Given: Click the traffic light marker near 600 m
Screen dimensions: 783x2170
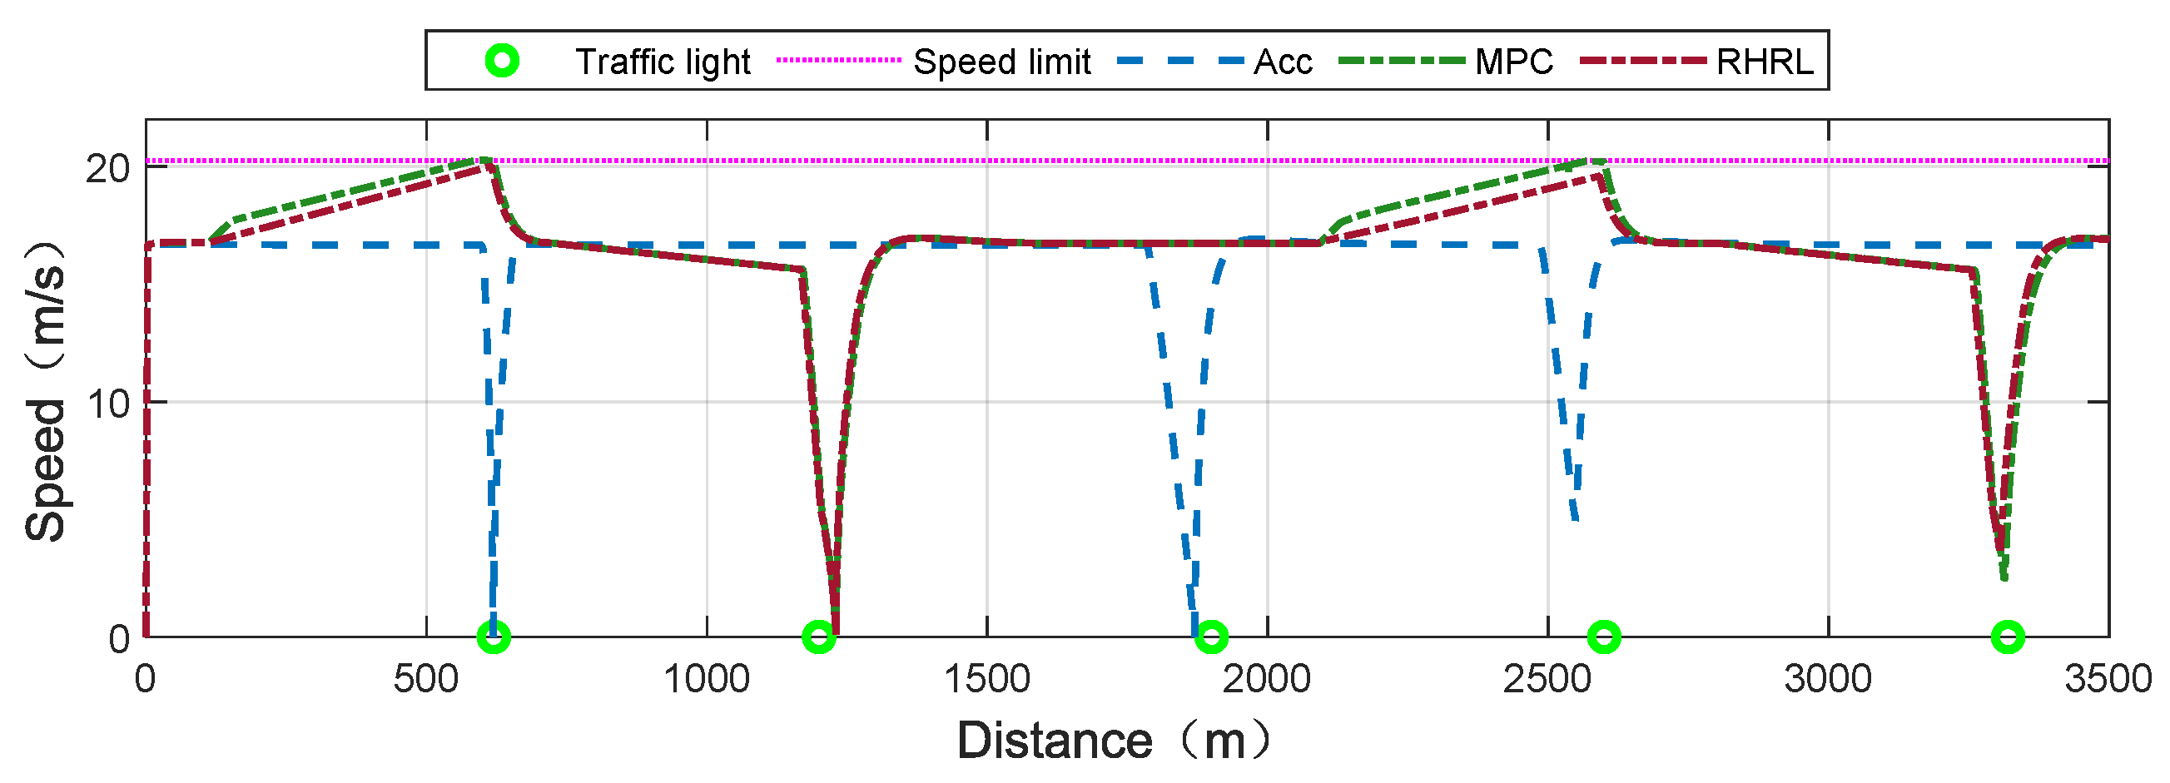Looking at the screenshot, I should (494, 637).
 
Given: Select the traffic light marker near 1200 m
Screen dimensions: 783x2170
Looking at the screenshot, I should (819, 637).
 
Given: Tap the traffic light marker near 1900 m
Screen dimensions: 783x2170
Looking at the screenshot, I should (1211, 637).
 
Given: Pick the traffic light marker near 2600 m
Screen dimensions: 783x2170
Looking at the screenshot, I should (1604, 637).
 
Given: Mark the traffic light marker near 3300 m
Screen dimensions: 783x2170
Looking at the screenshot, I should (2008, 637).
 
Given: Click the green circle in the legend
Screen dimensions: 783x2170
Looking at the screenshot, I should (503, 61).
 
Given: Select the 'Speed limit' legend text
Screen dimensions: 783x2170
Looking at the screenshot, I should (1001, 62).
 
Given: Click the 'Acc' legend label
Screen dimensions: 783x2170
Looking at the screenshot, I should (1282, 62).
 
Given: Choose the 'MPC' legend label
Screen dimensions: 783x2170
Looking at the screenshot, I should (1514, 62).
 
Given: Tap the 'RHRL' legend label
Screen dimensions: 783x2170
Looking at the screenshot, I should (1765, 62).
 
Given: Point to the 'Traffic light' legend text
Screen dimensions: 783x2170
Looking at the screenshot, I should (663, 62).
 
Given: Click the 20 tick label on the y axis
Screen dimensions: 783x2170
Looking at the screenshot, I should (108, 169).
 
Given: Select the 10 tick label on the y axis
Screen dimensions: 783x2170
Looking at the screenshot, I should (108, 404).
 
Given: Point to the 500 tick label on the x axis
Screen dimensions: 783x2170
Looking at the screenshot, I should (426, 679).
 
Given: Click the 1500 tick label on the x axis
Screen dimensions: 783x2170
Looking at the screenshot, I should (986, 679).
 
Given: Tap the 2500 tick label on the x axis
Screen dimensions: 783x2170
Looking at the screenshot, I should (1547, 679).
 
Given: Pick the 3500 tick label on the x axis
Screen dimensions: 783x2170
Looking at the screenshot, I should (2108, 679).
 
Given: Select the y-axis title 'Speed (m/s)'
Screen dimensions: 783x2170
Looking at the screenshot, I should (46, 391).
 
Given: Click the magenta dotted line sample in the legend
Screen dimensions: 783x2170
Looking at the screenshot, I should (838, 61).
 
